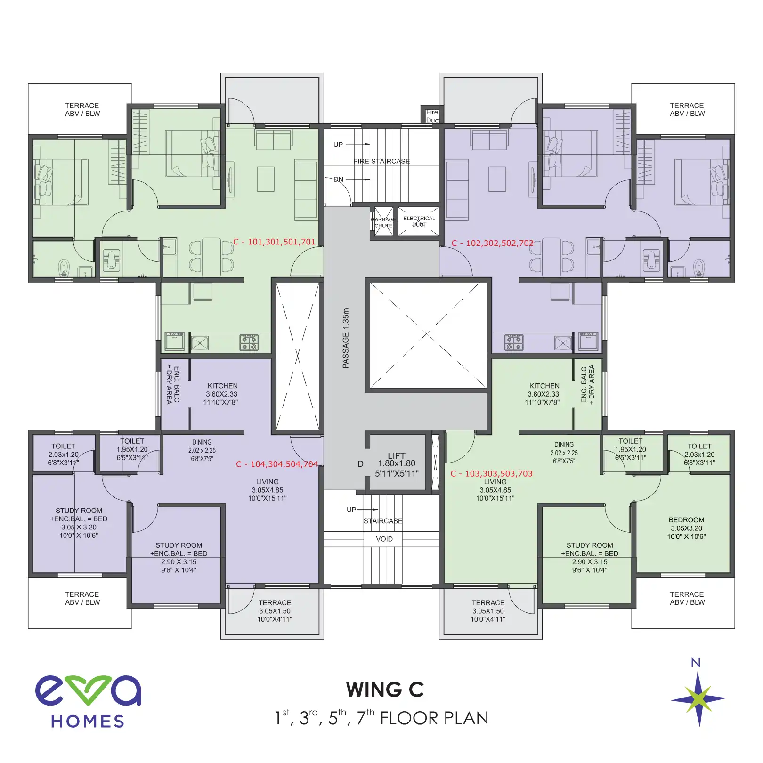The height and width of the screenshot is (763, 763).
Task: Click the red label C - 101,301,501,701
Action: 274,242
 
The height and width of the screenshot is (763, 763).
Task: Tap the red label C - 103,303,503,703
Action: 491,474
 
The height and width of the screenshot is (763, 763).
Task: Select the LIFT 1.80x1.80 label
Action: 397,464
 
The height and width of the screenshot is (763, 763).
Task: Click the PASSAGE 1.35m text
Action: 346,338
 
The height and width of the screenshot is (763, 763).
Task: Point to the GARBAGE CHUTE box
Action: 383,222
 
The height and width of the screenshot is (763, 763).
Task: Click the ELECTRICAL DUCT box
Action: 419,221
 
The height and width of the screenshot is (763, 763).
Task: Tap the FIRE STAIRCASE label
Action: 381,162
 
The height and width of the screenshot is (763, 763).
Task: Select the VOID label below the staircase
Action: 384,539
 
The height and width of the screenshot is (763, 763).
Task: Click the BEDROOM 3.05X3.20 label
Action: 686,528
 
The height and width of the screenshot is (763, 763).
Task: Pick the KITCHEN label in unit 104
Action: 222,386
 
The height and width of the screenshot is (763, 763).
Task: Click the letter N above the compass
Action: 695,663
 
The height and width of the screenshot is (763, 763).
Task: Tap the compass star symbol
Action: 698,699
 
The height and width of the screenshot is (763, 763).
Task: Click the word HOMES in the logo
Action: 88,722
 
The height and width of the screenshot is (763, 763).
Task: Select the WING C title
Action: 385,690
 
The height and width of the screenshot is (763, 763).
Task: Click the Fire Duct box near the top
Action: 431,116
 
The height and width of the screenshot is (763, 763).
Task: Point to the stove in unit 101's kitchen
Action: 249,343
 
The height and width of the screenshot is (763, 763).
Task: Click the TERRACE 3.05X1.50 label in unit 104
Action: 275,611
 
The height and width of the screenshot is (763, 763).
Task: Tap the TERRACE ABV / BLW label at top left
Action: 82,110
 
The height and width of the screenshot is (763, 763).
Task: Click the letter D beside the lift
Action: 360,464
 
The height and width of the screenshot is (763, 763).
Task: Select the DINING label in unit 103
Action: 564,445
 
